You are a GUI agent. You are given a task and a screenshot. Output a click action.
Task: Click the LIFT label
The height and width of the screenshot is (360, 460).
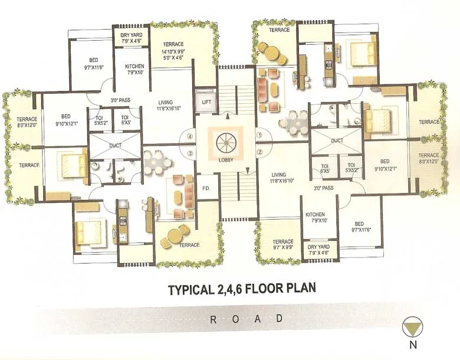pyautogui.click(x=206, y=102)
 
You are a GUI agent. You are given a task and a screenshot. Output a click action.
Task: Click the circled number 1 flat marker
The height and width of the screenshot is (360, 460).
pyautogui.click(x=259, y=134)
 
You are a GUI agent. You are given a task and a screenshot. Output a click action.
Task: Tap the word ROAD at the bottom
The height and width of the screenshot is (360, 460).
pyautogui.click(x=246, y=319)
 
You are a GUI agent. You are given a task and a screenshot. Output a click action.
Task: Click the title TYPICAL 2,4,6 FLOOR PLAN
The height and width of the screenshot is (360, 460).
pyautogui.click(x=242, y=289)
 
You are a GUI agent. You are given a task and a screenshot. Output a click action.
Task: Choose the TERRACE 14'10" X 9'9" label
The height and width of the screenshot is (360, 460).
pyautogui.click(x=173, y=51)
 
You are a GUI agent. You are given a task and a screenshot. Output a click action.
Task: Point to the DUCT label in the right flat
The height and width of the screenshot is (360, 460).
pyautogui.click(x=337, y=140)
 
